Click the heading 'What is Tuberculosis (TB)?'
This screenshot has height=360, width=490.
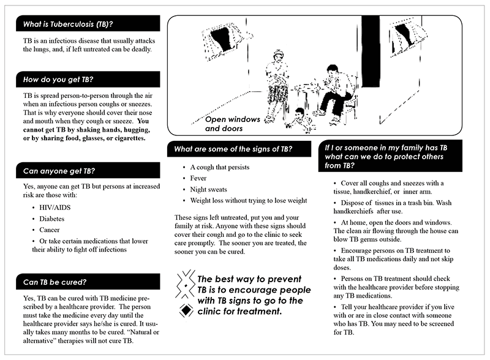(68, 24)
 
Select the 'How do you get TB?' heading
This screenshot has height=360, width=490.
(58, 80)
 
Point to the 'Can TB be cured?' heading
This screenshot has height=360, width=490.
(55, 282)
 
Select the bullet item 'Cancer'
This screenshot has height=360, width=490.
(51, 230)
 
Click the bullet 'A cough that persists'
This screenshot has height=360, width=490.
(219, 167)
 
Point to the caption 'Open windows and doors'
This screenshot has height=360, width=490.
(232, 124)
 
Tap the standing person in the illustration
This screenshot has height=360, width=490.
(276, 80)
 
